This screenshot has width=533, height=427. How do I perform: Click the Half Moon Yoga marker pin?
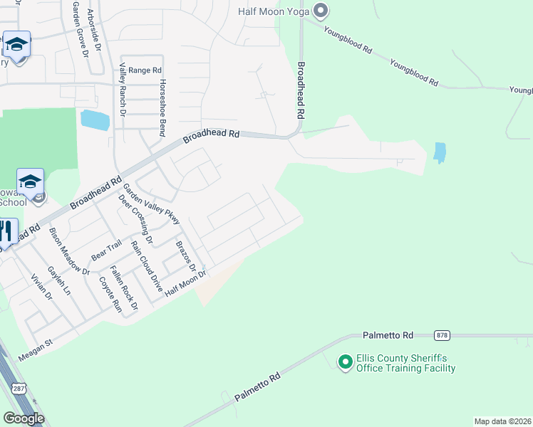[321, 11]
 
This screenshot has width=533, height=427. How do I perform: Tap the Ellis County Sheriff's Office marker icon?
[346, 363]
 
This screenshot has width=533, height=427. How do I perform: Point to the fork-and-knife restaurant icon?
[6, 231]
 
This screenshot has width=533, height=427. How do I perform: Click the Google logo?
[24, 418]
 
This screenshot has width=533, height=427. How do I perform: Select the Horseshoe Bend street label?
[162, 107]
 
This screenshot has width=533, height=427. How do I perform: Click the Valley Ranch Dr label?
[123, 90]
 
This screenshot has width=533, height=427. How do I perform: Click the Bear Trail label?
[107, 251]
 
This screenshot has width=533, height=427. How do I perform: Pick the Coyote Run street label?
[110, 294]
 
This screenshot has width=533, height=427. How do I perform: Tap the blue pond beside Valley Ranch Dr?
[95, 120]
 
